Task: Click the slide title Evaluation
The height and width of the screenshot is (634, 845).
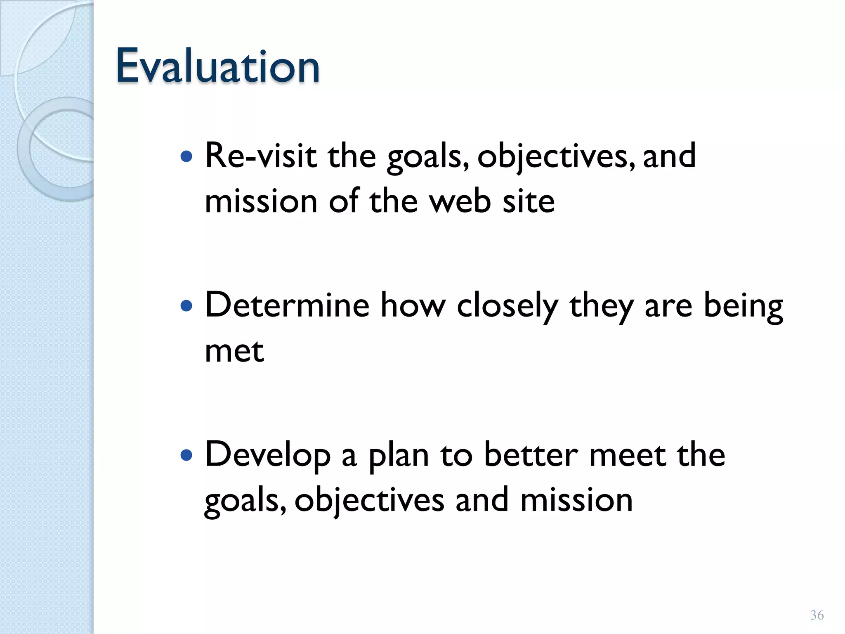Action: pyautogui.click(x=217, y=66)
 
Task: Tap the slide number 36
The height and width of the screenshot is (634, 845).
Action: pyautogui.click(x=817, y=615)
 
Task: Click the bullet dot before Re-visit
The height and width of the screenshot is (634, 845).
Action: pyautogui.click(x=187, y=157)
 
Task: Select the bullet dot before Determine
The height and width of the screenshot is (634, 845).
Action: pyautogui.click(x=187, y=306)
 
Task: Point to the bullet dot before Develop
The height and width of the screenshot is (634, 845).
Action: pyautogui.click(x=187, y=455)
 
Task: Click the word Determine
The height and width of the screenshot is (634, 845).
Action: pyautogui.click(x=287, y=305)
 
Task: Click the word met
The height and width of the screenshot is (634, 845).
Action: pyautogui.click(x=234, y=352)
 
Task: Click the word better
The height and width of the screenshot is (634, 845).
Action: pyautogui.click(x=531, y=455)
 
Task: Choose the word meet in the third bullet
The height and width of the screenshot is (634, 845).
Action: pyautogui.click(x=628, y=455)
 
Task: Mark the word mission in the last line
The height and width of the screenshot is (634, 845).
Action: pyautogui.click(x=576, y=500)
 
